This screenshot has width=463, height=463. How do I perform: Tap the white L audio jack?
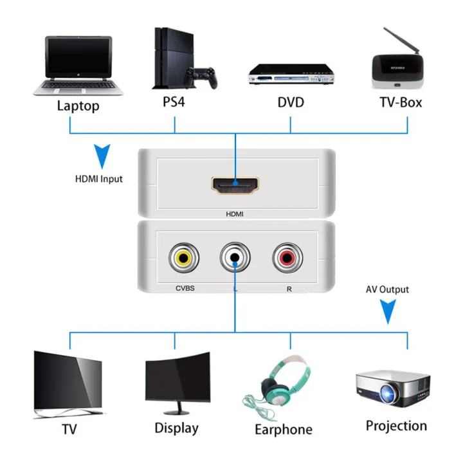235,259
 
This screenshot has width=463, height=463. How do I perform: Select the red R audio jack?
285,259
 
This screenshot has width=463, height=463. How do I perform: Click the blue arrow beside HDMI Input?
102,156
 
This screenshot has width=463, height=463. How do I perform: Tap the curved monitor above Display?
177,380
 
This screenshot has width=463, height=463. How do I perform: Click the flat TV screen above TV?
68,381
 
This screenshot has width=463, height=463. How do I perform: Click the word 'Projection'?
396,426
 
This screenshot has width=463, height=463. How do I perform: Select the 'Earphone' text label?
284,430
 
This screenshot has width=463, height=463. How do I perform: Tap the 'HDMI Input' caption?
98,179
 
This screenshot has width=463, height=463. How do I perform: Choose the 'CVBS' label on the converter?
185,289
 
